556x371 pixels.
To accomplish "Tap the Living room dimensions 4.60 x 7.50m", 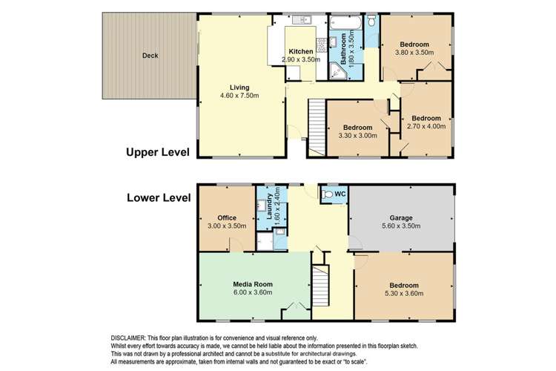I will click(x=239, y=96).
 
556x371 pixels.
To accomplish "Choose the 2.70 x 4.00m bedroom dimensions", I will click(x=426, y=126).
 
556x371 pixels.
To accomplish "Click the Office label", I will click(x=226, y=217).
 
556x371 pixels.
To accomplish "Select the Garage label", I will click(x=402, y=218).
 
